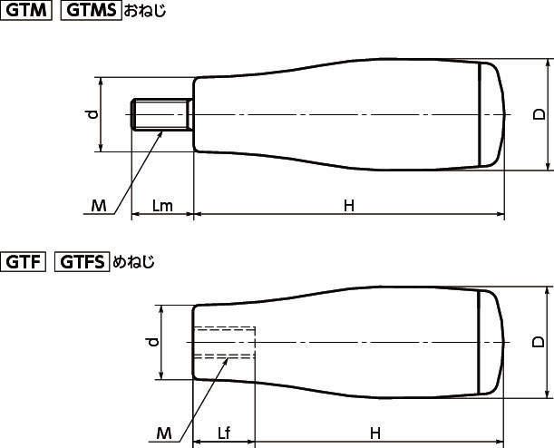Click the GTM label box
pos(27,13)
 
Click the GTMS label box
pos(91,13)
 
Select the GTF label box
pos(26,263)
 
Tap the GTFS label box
pos(83,263)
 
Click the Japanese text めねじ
pos(133,263)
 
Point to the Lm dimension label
pos(162,206)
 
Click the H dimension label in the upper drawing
pos(349,206)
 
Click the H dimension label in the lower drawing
pos(374,432)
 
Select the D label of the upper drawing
pos(538,114)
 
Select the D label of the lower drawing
pos(538,341)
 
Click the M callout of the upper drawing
pos(99,206)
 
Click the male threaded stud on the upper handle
pos(161,115)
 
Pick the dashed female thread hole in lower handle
pos(225,343)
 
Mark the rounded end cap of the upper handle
pos(492,114)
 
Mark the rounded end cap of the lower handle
pos(492,341)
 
